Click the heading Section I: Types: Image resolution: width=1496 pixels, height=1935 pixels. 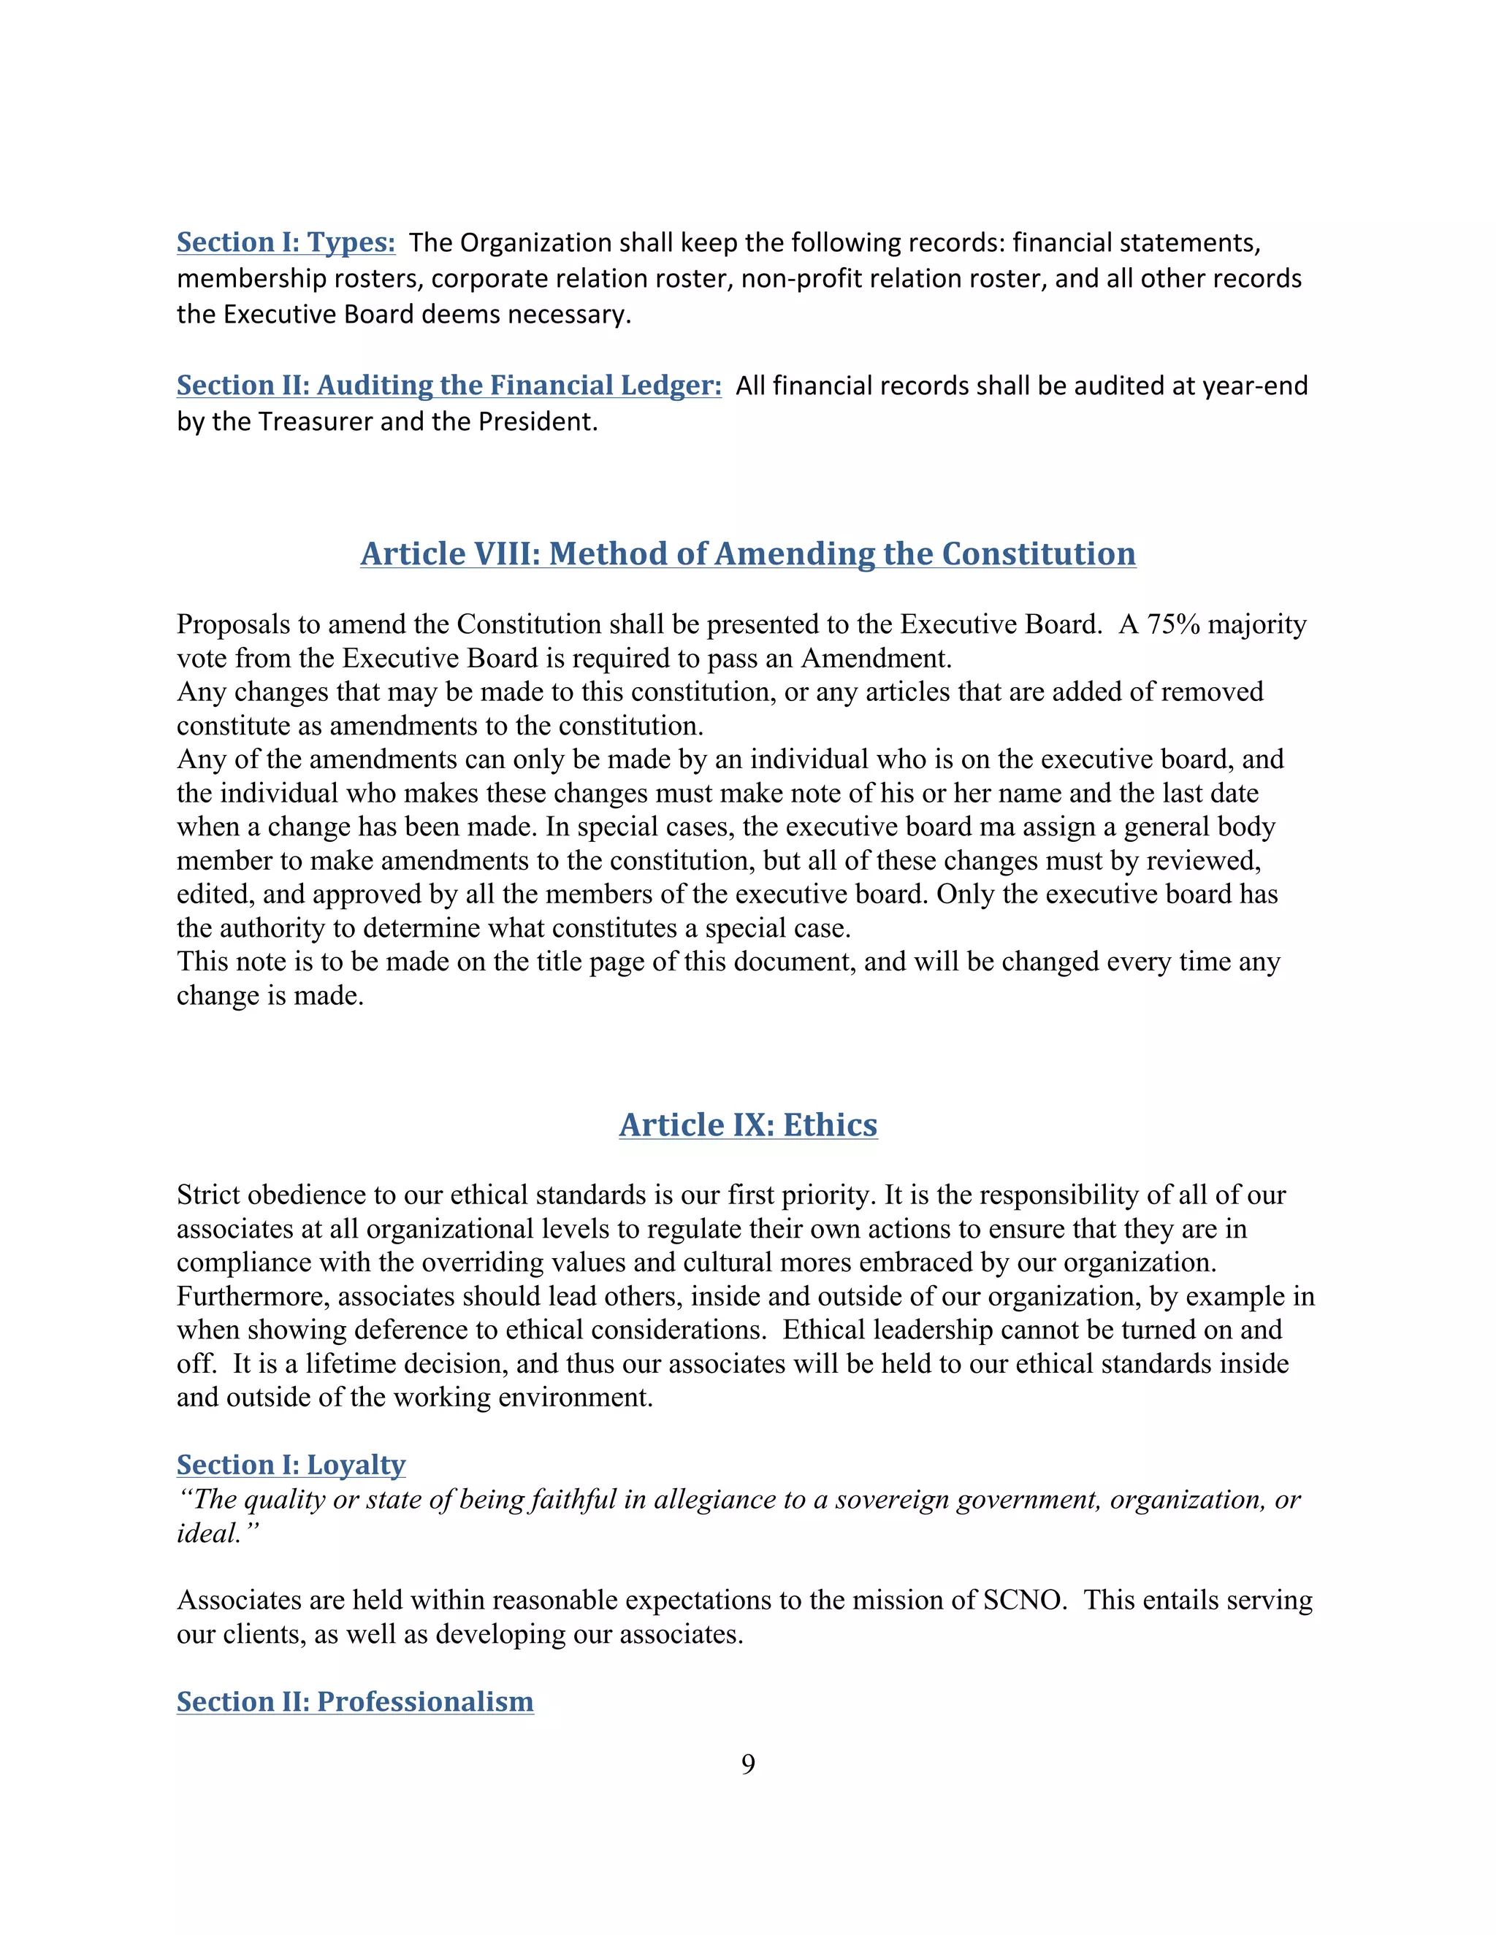click(286, 242)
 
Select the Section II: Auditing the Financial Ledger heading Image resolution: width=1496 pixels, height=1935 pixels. click(449, 386)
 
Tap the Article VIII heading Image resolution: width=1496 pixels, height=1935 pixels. click(747, 553)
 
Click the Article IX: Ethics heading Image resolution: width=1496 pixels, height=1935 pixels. click(747, 1124)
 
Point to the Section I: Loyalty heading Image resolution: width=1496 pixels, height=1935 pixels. click(291, 1465)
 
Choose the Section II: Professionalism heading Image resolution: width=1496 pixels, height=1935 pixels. click(354, 1701)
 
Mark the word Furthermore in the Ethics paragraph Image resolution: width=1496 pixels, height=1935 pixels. click(253, 1296)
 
